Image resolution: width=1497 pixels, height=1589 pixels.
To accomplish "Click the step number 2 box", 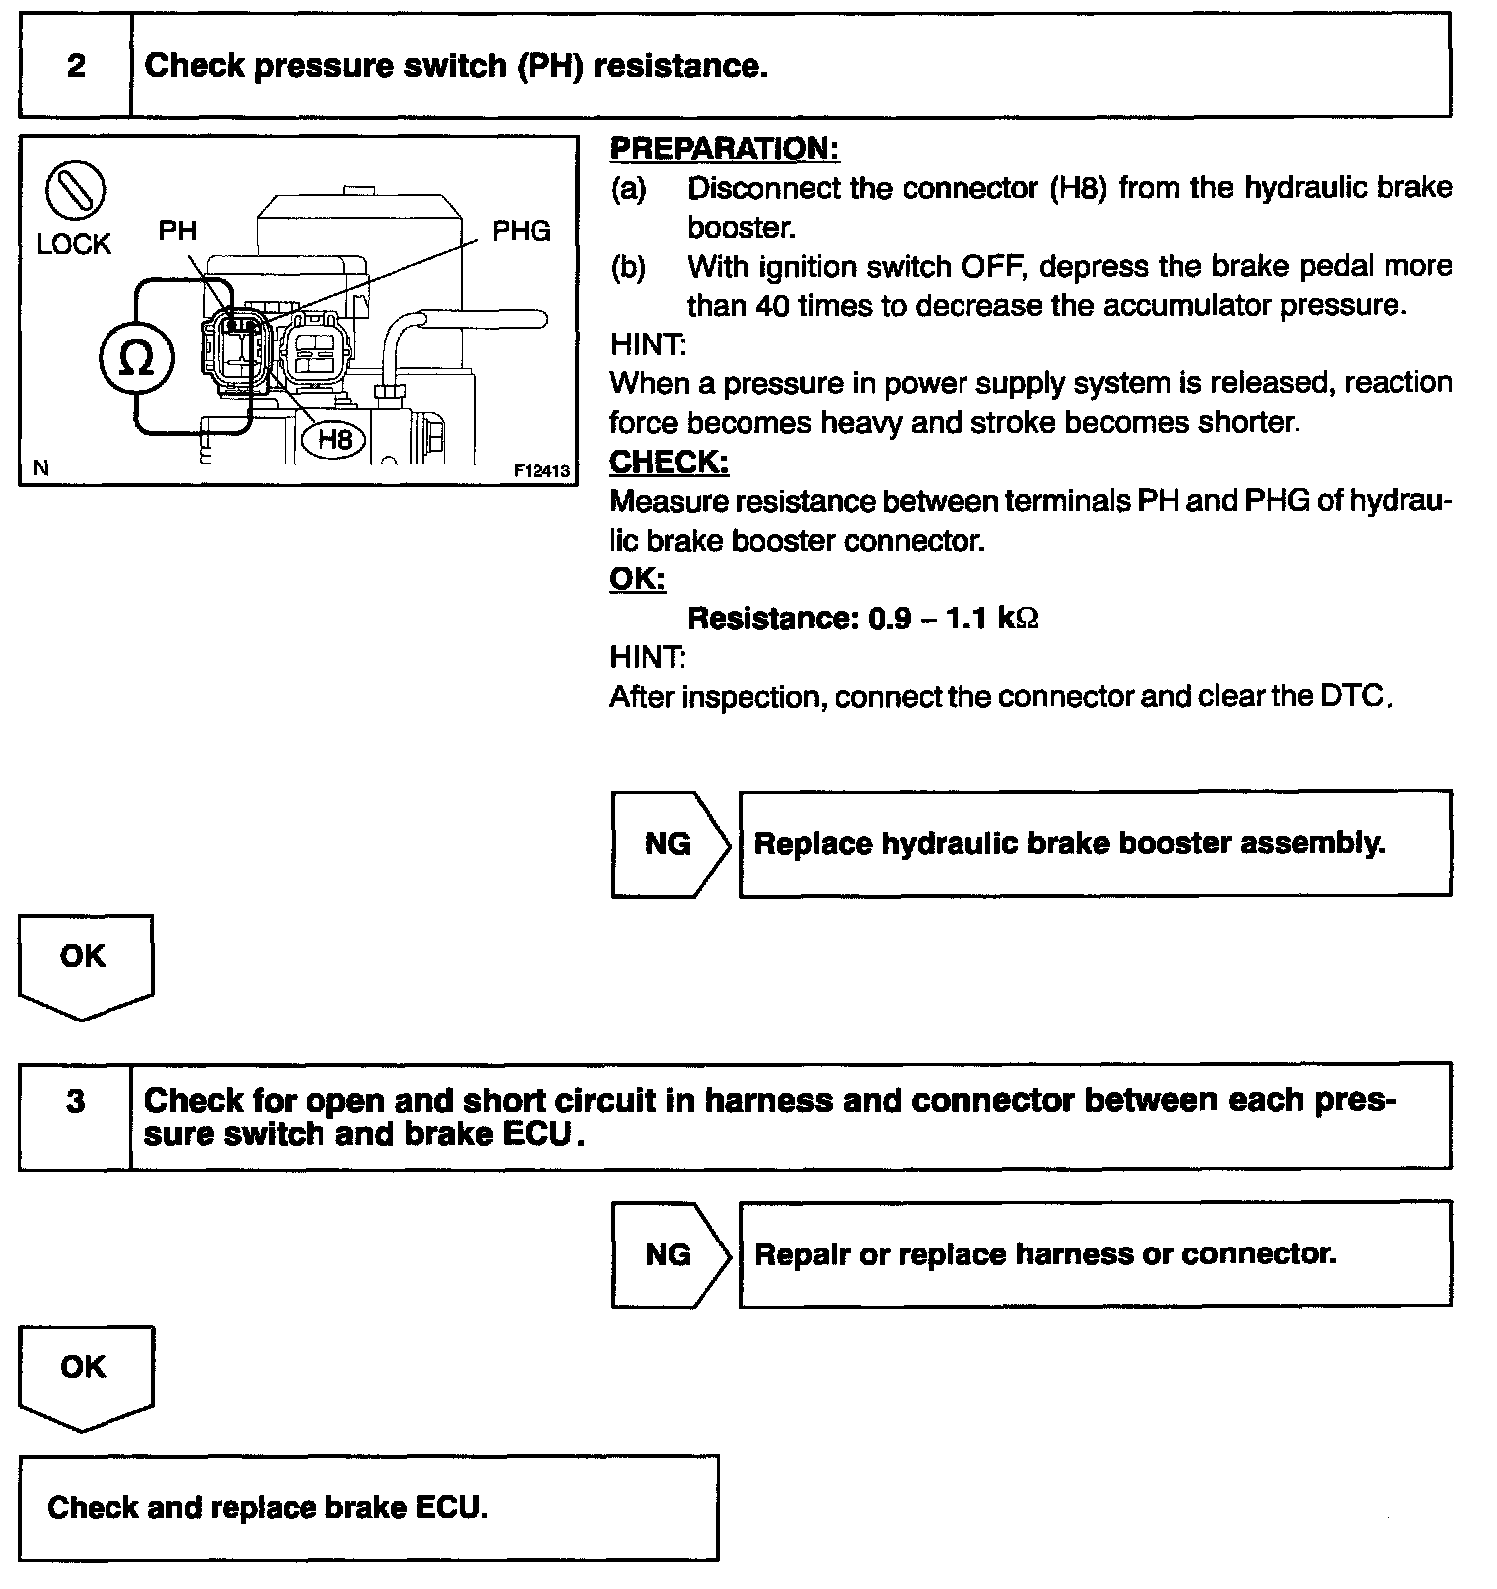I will [x=76, y=66].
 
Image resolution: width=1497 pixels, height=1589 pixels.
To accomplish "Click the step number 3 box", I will [x=76, y=1102].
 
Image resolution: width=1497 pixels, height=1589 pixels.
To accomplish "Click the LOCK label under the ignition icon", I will [x=74, y=244].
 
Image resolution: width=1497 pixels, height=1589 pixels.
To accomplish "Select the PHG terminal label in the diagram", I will [x=522, y=231].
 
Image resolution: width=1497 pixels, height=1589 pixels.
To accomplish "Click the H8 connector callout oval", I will [x=335, y=439].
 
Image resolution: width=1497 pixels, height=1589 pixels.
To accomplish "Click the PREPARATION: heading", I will [x=725, y=149].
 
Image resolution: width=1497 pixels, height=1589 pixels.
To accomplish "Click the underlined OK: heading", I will [x=637, y=579].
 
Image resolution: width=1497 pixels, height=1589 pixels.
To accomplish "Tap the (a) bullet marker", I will [x=628, y=188].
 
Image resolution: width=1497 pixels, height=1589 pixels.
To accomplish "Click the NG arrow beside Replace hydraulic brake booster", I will [x=670, y=844].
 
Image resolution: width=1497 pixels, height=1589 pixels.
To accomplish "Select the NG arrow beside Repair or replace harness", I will [x=670, y=1254].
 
